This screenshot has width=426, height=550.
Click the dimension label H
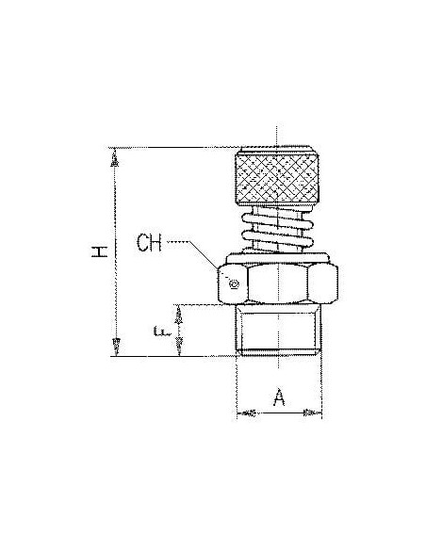click(99, 251)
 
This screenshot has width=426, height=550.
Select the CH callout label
click(149, 242)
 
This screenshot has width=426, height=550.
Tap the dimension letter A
click(279, 397)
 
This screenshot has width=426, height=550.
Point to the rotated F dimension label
click(162, 331)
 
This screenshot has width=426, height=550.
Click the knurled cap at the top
click(277, 176)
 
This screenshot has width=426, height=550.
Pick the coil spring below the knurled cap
click(277, 230)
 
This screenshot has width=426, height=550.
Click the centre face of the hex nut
click(278, 283)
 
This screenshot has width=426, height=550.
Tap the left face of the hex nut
click(232, 283)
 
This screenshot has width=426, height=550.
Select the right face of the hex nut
click(323, 283)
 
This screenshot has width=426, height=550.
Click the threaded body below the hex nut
click(278, 330)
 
